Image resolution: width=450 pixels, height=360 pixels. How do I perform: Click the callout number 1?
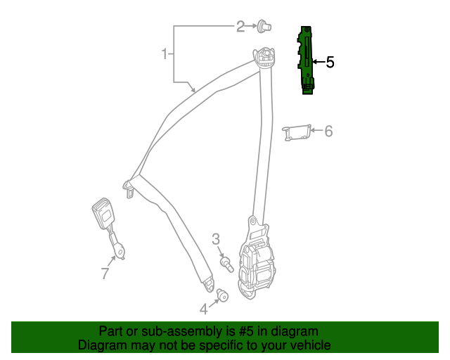pyautogui.click(x=165, y=54)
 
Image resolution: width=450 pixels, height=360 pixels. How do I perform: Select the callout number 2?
pyautogui.click(x=240, y=27)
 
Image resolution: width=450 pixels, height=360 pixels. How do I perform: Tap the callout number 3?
pyautogui.click(x=216, y=240)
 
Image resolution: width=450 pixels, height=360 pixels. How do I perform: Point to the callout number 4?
pyautogui.click(x=204, y=308)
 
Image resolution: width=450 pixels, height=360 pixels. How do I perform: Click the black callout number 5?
pyautogui.click(x=330, y=63)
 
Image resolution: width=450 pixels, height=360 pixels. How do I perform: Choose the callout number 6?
pyautogui.click(x=328, y=131)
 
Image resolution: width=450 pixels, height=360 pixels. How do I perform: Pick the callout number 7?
pyautogui.click(x=105, y=274)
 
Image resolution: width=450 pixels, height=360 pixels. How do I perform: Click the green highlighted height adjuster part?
pyautogui.click(x=307, y=59)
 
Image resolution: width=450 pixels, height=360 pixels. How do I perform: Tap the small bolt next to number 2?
pyautogui.click(x=264, y=27)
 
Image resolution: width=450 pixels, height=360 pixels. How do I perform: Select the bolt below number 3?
pyautogui.click(x=227, y=264)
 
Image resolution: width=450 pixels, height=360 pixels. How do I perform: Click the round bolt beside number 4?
pyautogui.click(x=223, y=295)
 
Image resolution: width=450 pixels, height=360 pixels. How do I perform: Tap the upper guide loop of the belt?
pyautogui.click(x=266, y=56)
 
